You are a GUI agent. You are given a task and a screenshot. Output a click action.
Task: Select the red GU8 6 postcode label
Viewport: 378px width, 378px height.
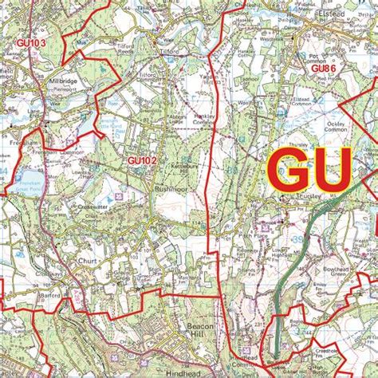pyautogui.click(x=323, y=70)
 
